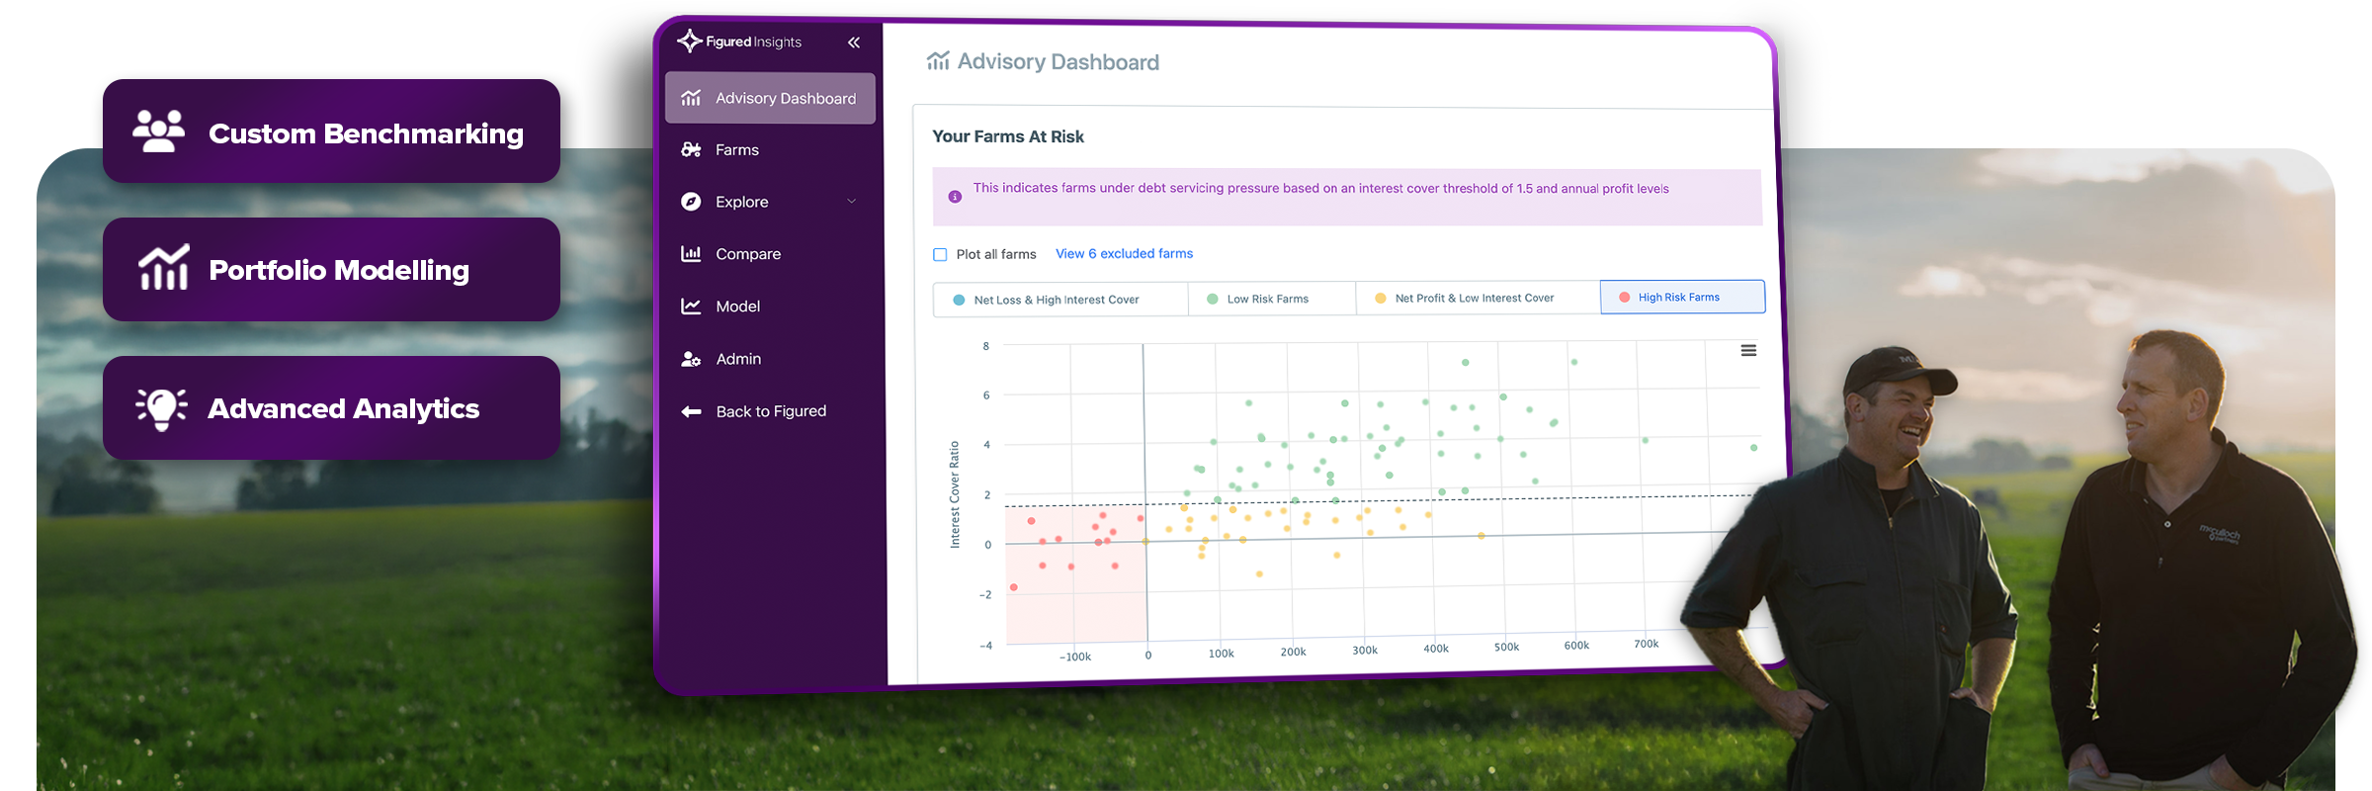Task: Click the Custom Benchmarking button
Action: click(331, 131)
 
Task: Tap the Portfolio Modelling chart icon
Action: click(163, 267)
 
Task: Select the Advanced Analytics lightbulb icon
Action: click(161, 407)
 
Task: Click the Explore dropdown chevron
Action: click(852, 202)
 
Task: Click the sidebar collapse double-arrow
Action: click(854, 43)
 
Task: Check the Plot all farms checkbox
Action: click(940, 254)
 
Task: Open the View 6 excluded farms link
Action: click(1124, 254)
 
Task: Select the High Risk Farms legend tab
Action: click(1682, 297)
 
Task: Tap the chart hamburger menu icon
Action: click(1748, 350)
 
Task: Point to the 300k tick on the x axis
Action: click(1365, 650)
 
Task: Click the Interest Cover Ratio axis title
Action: click(955, 494)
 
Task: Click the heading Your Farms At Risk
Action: click(1008, 136)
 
